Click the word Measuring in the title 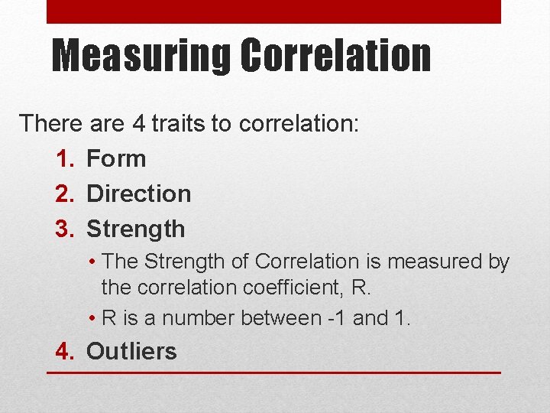point(141,57)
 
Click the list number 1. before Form point(65,159)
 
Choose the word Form point(116,159)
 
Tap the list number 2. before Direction point(65,194)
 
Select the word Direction point(139,194)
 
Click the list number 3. point(65,229)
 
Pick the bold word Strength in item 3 point(136,229)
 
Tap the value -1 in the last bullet point(335,318)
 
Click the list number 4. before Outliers point(65,352)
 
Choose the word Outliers point(131,352)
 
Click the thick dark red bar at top point(273,11)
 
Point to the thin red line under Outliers point(273,372)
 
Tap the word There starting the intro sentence point(49,123)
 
